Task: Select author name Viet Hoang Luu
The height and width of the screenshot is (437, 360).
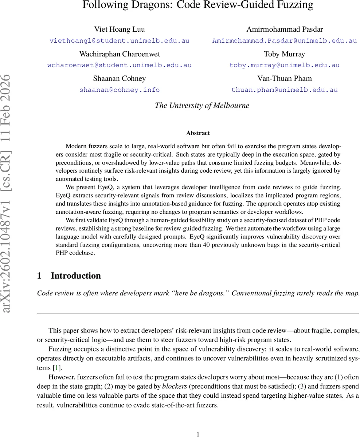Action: pyautogui.click(x=120, y=29)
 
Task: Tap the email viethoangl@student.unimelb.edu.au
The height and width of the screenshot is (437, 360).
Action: pyautogui.click(x=120, y=41)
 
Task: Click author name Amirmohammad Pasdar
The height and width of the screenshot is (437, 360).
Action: pyautogui.click(x=284, y=29)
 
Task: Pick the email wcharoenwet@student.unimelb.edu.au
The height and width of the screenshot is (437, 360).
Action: pyautogui.click(x=120, y=66)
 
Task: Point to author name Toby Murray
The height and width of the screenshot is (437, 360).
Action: pyautogui.click(x=284, y=54)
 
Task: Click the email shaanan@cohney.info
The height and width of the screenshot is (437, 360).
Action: pyautogui.click(x=120, y=90)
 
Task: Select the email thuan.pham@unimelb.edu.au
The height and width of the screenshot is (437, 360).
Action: pyautogui.click(x=284, y=90)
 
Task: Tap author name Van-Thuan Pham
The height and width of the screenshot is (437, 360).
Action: pyautogui.click(x=284, y=79)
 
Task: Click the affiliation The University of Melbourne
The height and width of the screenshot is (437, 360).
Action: pyautogui.click(x=202, y=106)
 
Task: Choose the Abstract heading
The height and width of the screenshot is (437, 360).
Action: pyautogui.click(x=198, y=133)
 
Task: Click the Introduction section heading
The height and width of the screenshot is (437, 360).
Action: pyautogui.click(x=75, y=276)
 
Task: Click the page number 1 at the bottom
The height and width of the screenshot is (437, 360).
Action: pyautogui.click(x=198, y=434)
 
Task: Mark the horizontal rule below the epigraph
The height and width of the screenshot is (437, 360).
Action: pyautogui.click(x=198, y=313)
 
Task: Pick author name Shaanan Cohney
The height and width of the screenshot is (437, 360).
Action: pyautogui.click(x=120, y=79)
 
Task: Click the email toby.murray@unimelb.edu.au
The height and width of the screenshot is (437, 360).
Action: pyautogui.click(x=284, y=66)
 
